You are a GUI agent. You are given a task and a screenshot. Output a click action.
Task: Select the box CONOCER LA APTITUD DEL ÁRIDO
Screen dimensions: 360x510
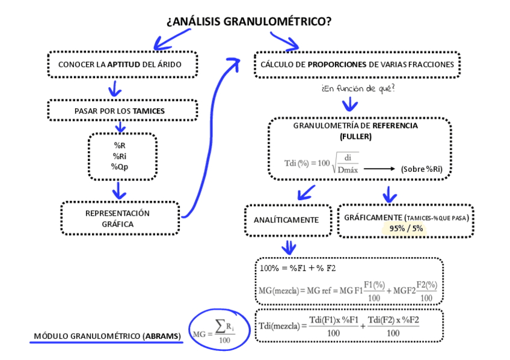point(123,64)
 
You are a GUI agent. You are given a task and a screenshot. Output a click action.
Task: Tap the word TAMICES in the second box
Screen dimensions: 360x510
point(149,111)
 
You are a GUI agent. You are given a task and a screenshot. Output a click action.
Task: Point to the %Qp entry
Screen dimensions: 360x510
point(120,166)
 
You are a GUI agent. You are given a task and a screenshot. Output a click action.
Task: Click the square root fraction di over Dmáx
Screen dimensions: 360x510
point(347,163)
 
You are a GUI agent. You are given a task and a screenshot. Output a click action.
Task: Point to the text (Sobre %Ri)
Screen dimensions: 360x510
point(421,169)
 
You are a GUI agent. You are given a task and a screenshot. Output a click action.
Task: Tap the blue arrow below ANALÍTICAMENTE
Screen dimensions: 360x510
point(289,247)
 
